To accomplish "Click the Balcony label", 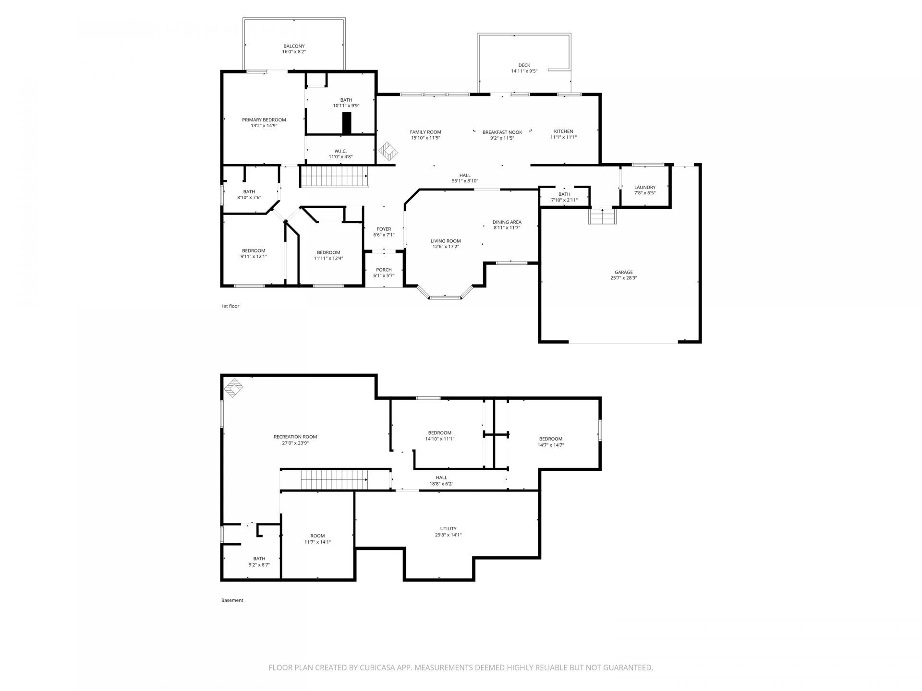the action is [294, 46].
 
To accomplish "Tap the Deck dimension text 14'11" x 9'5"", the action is [524, 71].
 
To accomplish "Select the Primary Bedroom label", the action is [264, 120].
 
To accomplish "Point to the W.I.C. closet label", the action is [340, 151].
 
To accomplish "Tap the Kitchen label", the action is [563, 131].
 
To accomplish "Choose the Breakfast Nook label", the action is [502, 132].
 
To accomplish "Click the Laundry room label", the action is [644, 187].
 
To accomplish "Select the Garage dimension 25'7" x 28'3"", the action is [623, 278].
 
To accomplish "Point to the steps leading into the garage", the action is [602, 216].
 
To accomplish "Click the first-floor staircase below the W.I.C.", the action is [334, 176].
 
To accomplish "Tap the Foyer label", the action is [384, 229].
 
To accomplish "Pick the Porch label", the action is [384, 270].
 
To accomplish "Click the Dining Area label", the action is [507, 222].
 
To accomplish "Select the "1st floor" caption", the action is [230, 306].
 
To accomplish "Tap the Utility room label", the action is [448, 529].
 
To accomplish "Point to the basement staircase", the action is [334, 480].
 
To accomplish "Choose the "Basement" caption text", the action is [232, 600].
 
